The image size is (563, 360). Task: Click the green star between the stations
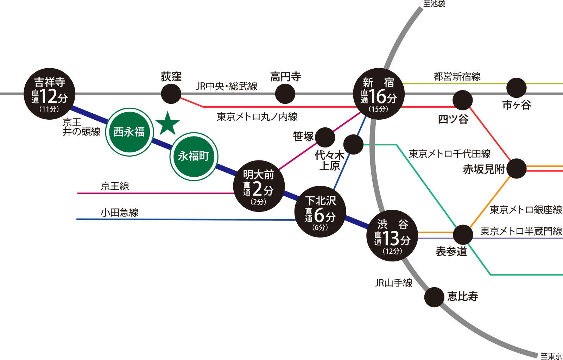(167, 124)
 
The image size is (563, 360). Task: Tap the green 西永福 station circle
(129, 132)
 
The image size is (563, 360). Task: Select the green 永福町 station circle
(194, 156)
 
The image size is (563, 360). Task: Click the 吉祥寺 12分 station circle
(49, 94)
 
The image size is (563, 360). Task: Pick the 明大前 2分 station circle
(259, 186)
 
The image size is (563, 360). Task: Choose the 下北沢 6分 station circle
(320, 212)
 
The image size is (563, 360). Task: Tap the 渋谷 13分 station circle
(392, 235)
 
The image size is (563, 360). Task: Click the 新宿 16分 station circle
(379, 94)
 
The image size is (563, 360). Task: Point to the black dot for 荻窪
(171, 94)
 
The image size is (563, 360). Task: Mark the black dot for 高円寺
(285, 94)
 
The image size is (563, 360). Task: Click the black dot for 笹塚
(325, 137)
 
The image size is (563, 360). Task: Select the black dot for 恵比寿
(434, 297)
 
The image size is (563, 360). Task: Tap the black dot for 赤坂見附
(517, 169)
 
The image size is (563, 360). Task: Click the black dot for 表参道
(463, 234)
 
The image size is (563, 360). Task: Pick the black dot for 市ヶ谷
(517, 88)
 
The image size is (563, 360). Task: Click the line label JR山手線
(393, 283)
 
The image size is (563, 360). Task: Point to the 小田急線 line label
(120, 213)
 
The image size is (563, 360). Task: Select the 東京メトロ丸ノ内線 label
(257, 117)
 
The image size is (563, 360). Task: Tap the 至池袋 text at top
(434, 4)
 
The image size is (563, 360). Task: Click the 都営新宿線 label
(457, 77)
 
